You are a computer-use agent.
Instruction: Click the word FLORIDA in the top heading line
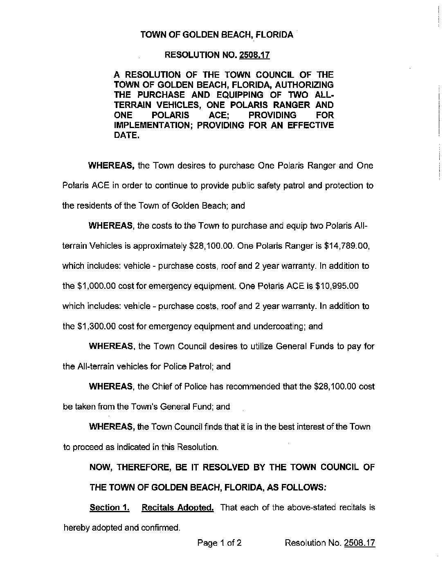pyautogui.click(x=274, y=35)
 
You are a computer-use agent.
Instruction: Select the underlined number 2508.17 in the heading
pyautogui.click(x=254, y=54)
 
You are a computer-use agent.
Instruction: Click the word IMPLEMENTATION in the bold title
pyautogui.click(x=153, y=125)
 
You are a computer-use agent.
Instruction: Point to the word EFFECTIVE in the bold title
pyautogui.click(x=311, y=125)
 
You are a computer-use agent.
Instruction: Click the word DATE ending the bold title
pyautogui.click(x=125, y=135)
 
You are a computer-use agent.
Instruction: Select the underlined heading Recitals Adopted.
pyautogui.click(x=178, y=508)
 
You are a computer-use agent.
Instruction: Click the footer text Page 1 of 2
pyautogui.click(x=219, y=543)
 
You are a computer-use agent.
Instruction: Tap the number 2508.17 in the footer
pyautogui.click(x=360, y=543)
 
